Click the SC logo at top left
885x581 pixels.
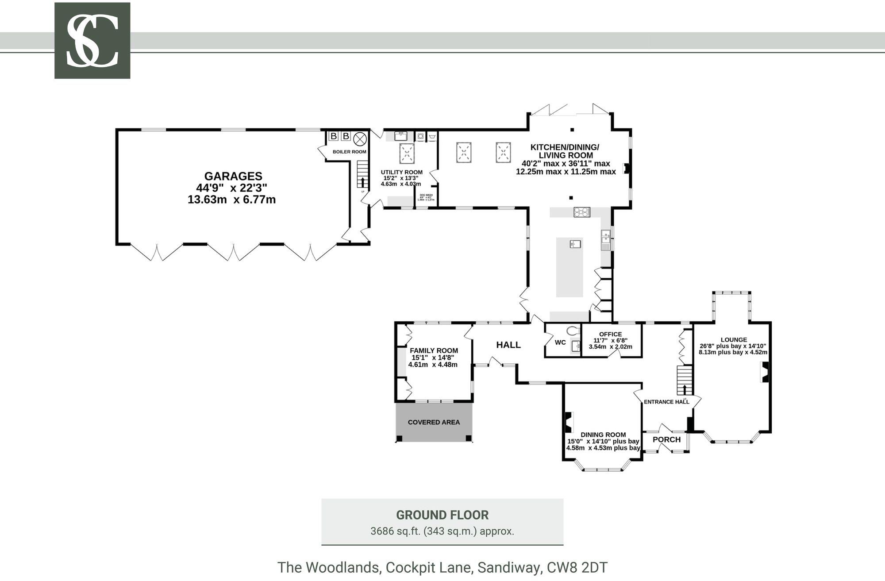point(92,41)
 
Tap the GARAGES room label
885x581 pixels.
point(233,177)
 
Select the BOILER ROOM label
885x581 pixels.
point(349,152)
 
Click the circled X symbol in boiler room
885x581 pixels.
point(360,139)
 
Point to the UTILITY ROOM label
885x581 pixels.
point(401,173)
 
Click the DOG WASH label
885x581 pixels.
point(426,195)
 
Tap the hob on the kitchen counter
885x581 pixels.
point(582,212)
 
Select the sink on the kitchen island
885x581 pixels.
point(575,244)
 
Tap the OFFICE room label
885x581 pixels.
point(610,334)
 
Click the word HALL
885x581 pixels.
point(508,345)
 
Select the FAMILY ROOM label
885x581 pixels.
point(434,350)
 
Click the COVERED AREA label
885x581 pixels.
point(434,422)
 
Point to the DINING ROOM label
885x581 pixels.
point(603,435)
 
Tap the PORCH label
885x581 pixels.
point(666,439)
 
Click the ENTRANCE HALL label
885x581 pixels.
point(666,402)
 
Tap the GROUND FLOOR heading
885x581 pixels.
point(442,515)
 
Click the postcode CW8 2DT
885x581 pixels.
point(577,567)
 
